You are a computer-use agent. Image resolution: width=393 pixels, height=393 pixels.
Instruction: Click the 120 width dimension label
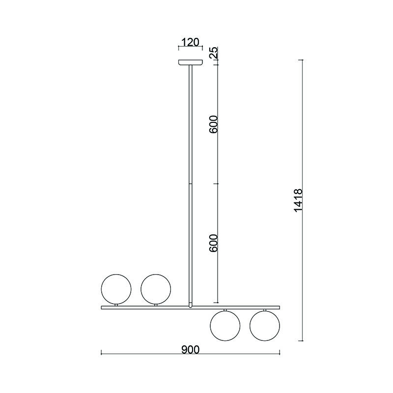click(190, 42)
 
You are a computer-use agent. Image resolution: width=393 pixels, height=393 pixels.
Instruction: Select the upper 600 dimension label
click(214, 124)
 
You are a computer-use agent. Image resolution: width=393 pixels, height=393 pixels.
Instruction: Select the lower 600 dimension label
click(214, 243)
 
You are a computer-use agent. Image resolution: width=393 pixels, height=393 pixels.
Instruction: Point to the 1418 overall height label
click(298, 200)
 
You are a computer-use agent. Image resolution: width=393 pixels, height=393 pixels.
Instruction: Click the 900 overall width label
click(191, 350)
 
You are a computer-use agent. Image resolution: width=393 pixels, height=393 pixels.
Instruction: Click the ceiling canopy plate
click(191, 62)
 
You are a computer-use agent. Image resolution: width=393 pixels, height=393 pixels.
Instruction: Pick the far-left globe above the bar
click(116, 289)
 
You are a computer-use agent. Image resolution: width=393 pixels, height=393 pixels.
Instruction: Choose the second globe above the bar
click(156, 289)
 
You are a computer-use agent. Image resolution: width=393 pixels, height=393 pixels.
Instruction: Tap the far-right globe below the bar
click(265, 326)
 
